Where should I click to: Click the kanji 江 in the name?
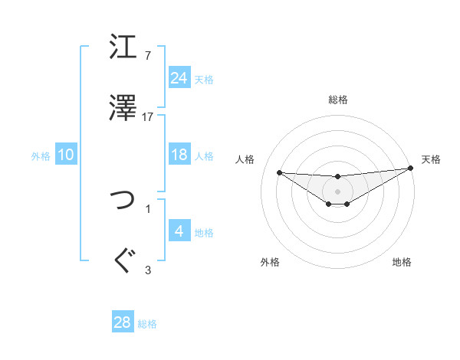point(123,47)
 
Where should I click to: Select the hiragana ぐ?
point(123,260)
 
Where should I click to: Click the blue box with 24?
point(179,78)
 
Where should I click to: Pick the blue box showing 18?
point(179,155)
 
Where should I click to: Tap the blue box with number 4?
point(179,231)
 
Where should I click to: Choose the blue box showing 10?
point(66,155)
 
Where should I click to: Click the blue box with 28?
point(123,322)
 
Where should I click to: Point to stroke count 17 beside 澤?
point(148,116)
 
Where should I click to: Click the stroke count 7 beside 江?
point(147,56)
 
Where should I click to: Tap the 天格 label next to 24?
point(204,79)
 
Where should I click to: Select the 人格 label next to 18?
point(204,155)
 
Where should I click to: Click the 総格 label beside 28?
point(147,323)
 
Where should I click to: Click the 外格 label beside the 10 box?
point(41,155)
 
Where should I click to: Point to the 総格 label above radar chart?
point(337,100)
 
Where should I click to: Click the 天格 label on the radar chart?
point(431,159)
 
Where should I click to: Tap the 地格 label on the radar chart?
point(402,262)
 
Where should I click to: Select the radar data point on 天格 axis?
point(411,169)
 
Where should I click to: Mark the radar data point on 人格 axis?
point(279,172)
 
